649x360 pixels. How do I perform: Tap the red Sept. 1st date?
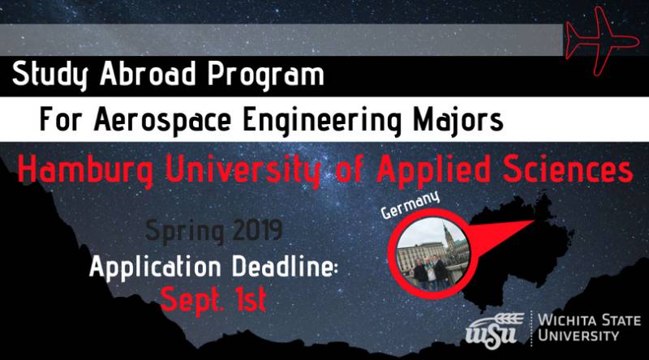coord(213,298)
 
